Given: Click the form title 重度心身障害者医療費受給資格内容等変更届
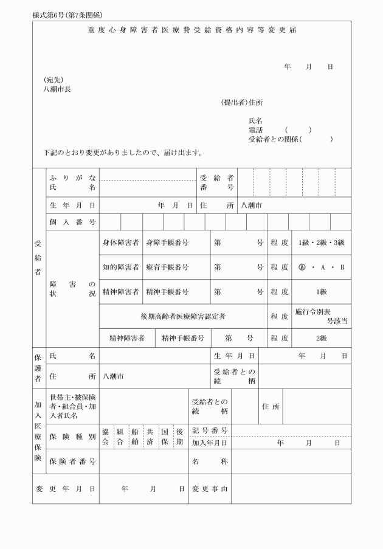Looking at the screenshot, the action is (191, 30).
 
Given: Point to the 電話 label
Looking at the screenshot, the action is (256, 130).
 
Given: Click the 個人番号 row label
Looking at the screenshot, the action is (72, 222).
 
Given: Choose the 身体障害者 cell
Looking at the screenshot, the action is (120, 243).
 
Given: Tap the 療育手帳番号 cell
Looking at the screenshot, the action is (167, 267).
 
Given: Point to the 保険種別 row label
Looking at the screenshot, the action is (72, 437).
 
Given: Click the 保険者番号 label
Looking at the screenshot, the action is (72, 461).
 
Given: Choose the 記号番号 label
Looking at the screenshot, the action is (210, 430).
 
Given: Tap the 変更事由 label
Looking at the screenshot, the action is (210, 488).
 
